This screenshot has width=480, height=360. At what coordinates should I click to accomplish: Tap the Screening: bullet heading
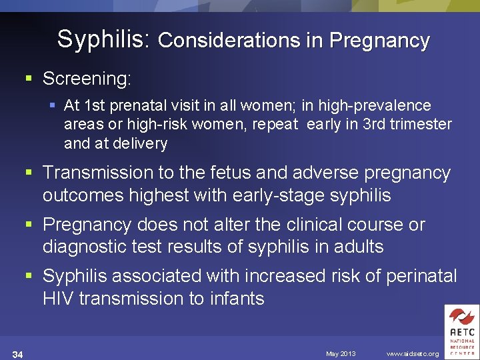(x=87, y=79)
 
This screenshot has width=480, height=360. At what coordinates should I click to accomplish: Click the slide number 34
(x=18, y=354)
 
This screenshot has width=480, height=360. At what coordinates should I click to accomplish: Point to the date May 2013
(x=341, y=353)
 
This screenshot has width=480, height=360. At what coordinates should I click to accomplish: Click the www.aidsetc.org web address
(x=413, y=353)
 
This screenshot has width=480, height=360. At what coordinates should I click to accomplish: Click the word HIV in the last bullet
(x=59, y=299)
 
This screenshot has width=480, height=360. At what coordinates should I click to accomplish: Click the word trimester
(x=419, y=124)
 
